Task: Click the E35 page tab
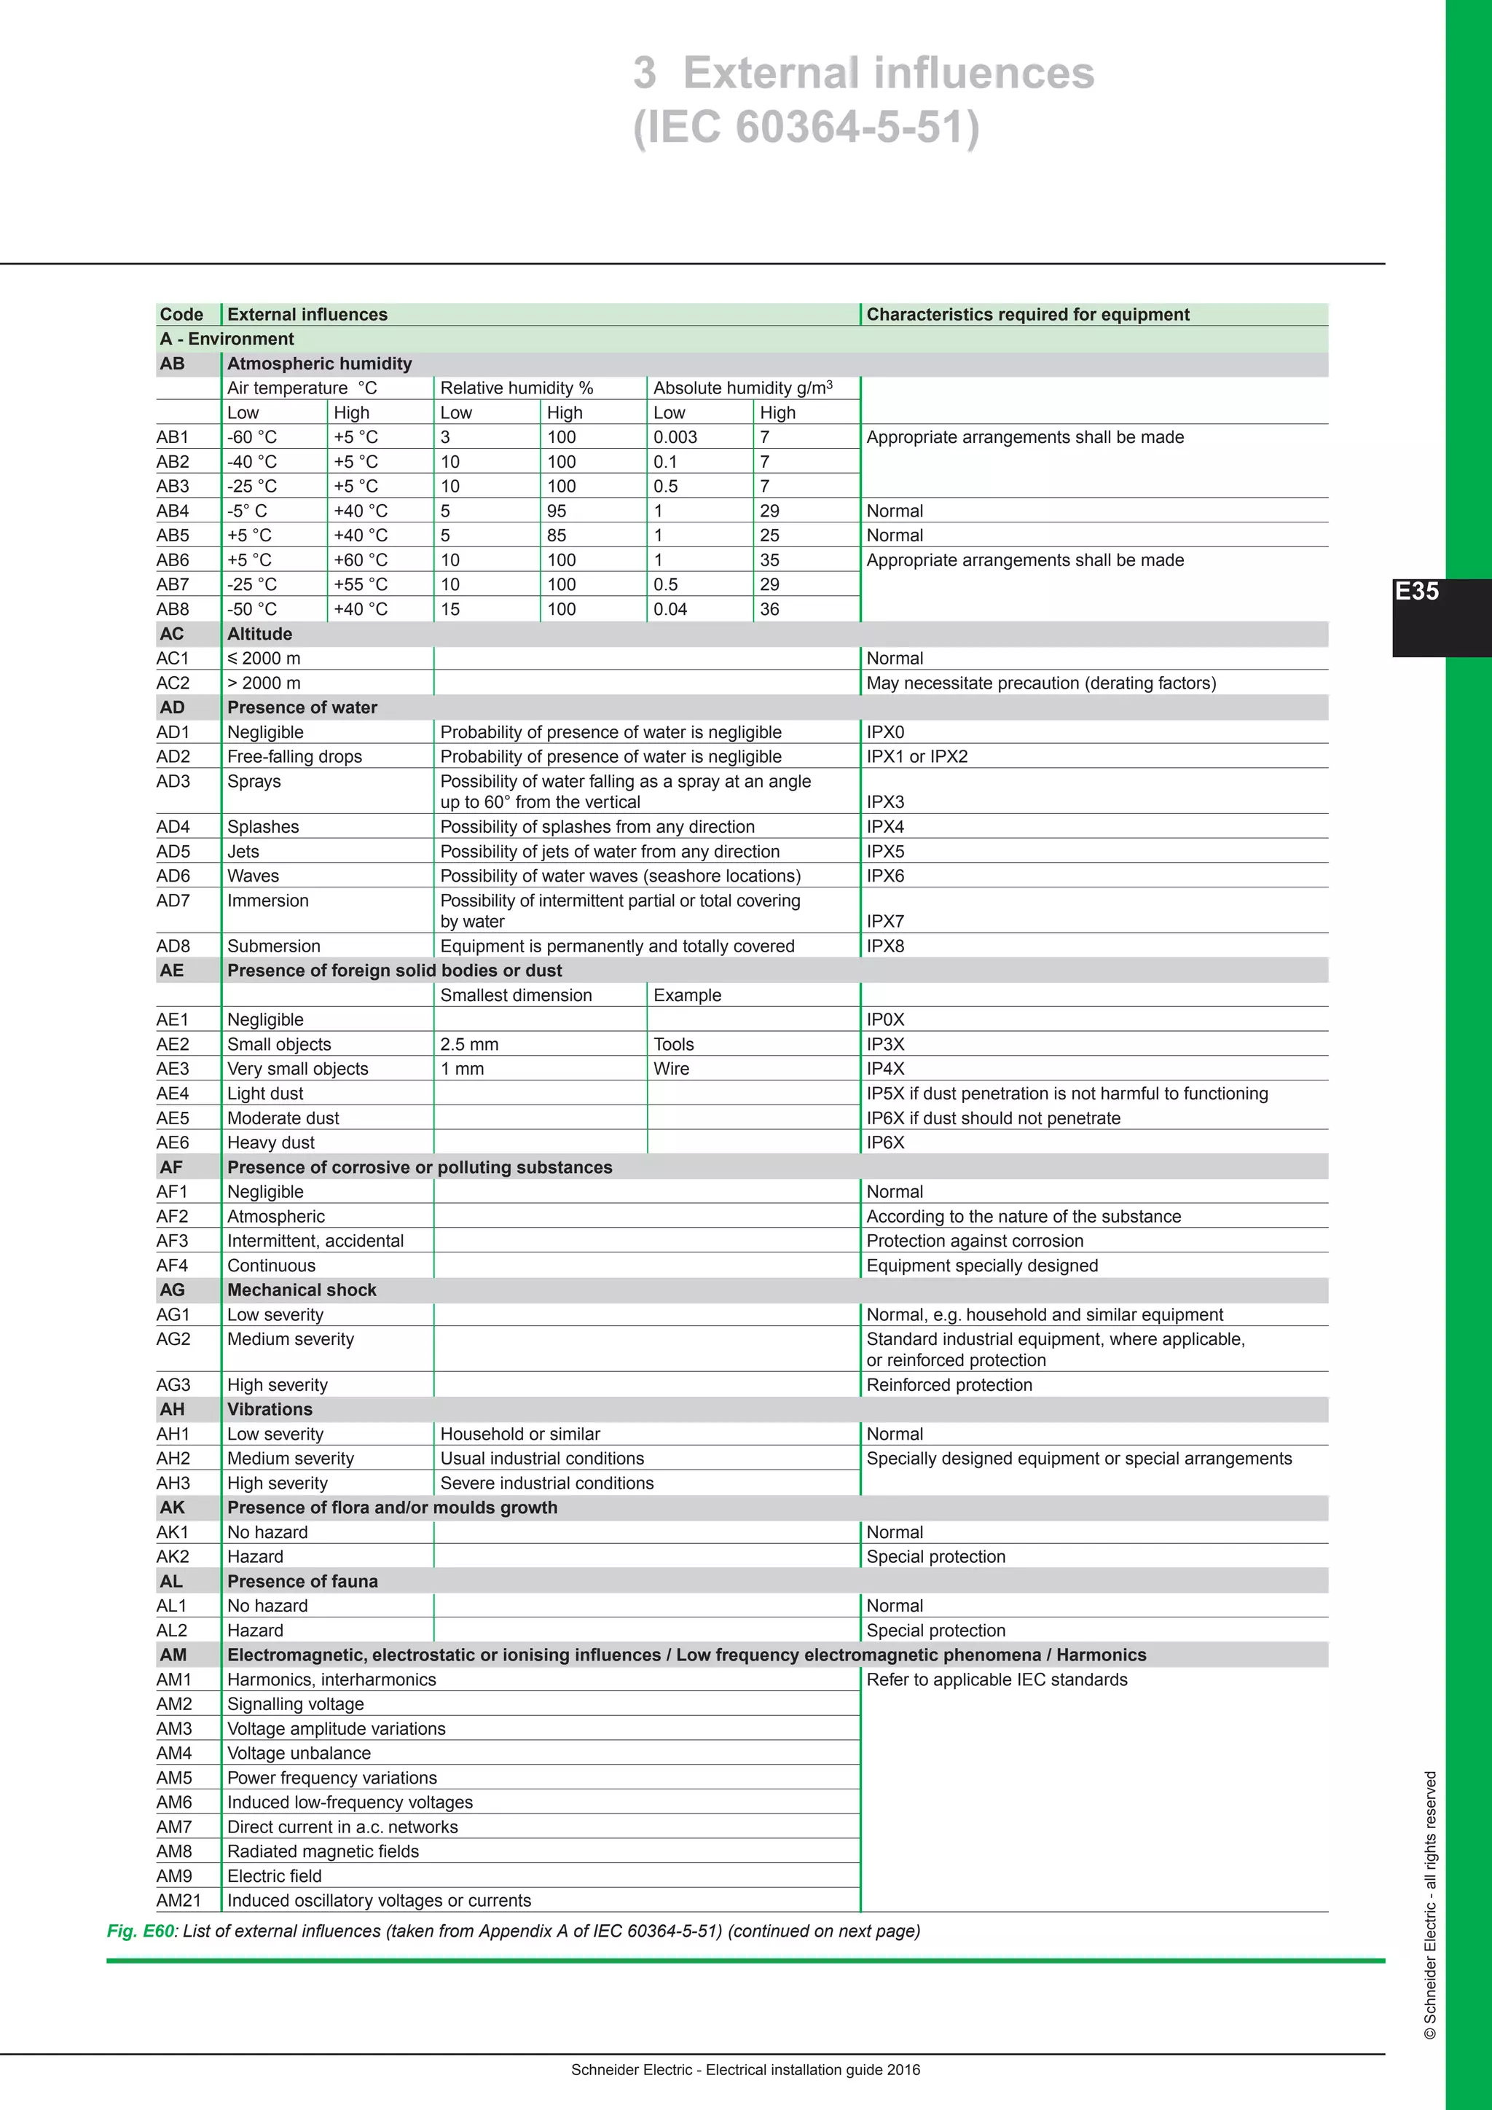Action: pyautogui.click(x=1417, y=592)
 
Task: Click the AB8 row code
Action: pyautogui.click(x=173, y=609)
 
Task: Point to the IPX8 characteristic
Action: pyautogui.click(x=884, y=946)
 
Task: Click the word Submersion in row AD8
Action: pyautogui.click(x=274, y=946)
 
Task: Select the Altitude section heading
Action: pyautogui.click(x=260, y=634)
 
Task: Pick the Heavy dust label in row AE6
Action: pyautogui.click(x=271, y=1143)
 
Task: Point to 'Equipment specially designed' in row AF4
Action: pyautogui.click(x=982, y=1266)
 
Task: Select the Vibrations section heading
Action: pyautogui.click(x=270, y=1410)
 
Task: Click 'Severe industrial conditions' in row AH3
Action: pyautogui.click(x=546, y=1483)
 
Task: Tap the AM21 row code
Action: pyautogui.click(x=178, y=1900)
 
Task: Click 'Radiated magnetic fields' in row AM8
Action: pyautogui.click(x=323, y=1852)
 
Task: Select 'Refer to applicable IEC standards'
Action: pyautogui.click(x=997, y=1680)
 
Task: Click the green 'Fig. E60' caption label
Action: pyautogui.click(x=141, y=1931)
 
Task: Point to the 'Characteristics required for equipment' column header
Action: pyautogui.click(x=1027, y=314)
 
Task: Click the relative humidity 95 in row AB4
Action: pyautogui.click(x=557, y=511)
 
